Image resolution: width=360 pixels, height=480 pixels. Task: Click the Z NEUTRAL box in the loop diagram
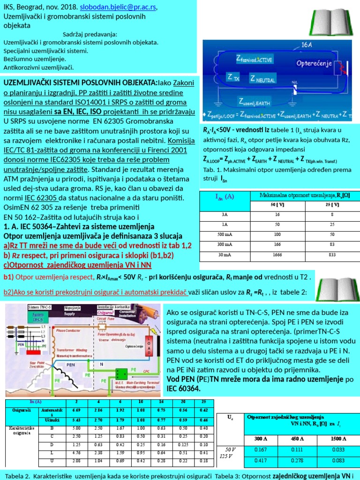coord(262,78)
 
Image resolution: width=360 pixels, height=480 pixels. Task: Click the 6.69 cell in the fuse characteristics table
coord(76,410)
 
